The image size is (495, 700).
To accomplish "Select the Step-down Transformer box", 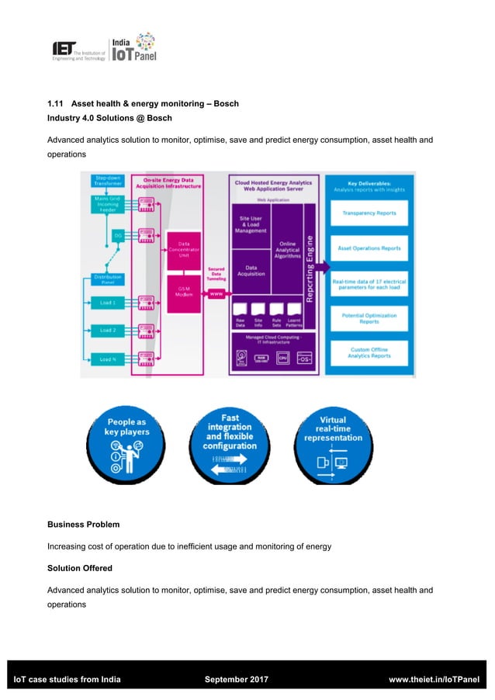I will (108, 181).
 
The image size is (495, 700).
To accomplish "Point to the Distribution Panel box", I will (107, 279).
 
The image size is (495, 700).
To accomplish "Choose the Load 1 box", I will (108, 303).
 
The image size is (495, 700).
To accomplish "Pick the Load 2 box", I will (108, 330).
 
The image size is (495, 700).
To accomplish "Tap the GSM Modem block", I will (184, 289).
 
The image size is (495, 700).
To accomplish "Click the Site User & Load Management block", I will (251, 224).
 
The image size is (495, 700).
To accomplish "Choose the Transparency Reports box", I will (369, 213).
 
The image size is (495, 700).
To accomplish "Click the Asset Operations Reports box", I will (369, 248).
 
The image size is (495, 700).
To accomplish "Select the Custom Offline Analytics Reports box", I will (369, 353).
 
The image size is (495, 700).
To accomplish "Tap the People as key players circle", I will (126, 443).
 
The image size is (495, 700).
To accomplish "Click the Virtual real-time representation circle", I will (333, 443).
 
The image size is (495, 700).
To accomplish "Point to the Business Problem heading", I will (83, 525).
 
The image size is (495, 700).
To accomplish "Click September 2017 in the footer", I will (236, 680).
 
